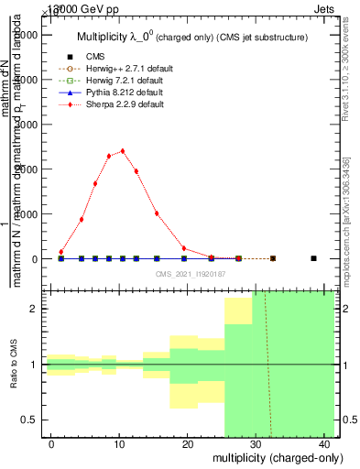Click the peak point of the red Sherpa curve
[x=123, y=151]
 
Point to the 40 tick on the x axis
[x=325, y=444]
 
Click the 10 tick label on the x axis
[x=118, y=444]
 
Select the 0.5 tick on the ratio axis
[x=30, y=420]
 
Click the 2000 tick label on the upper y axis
[x=27, y=169]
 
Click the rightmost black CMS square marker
[x=313, y=258]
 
